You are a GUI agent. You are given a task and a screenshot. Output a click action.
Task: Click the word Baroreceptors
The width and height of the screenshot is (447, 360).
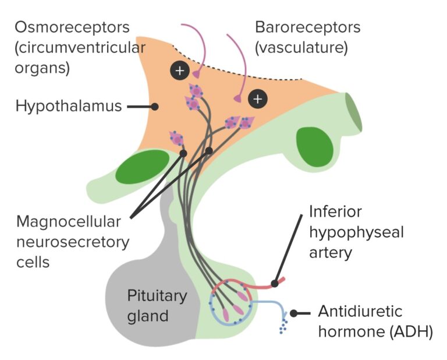[307, 27]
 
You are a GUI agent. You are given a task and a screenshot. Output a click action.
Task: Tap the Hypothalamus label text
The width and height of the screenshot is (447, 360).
[69, 107]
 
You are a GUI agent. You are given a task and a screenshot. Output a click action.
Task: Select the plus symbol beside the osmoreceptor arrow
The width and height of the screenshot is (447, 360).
[180, 71]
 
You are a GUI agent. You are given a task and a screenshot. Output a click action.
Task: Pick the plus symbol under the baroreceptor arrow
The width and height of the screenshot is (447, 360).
[257, 98]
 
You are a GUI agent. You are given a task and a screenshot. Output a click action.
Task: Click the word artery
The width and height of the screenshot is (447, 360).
[331, 252]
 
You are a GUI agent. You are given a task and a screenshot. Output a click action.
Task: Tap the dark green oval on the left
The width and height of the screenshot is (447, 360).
[142, 167]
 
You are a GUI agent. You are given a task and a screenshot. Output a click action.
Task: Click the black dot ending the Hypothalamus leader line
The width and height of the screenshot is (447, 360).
[155, 107]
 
